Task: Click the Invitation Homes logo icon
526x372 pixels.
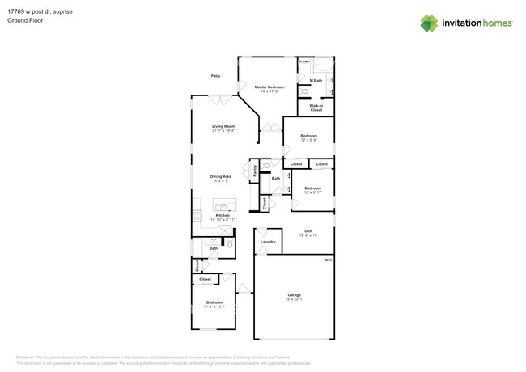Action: pyautogui.click(x=429, y=23)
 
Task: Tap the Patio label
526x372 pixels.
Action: pyautogui.click(x=216, y=76)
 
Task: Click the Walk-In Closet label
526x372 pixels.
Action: pyautogui.click(x=316, y=108)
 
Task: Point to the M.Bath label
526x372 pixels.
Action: pyautogui.click(x=316, y=81)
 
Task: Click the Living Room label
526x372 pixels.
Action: pyautogui.click(x=223, y=126)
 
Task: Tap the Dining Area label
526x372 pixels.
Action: pyautogui.click(x=221, y=176)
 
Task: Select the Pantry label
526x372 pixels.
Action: pyautogui.click(x=255, y=171)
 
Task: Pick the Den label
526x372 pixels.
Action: pyautogui.click(x=308, y=230)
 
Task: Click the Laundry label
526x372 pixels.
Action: pyautogui.click(x=268, y=241)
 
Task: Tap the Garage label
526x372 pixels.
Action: pyautogui.click(x=294, y=294)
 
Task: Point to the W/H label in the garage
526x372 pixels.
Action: pyautogui.click(x=328, y=260)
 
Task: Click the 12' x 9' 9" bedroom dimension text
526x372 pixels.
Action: pyautogui.click(x=308, y=141)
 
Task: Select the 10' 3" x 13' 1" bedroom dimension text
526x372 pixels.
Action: pyautogui.click(x=214, y=307)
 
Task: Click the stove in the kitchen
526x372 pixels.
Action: pyautogui.click(x=196, y=216)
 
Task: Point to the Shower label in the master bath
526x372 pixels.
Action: pyautogui.click(x=304, y=61)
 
